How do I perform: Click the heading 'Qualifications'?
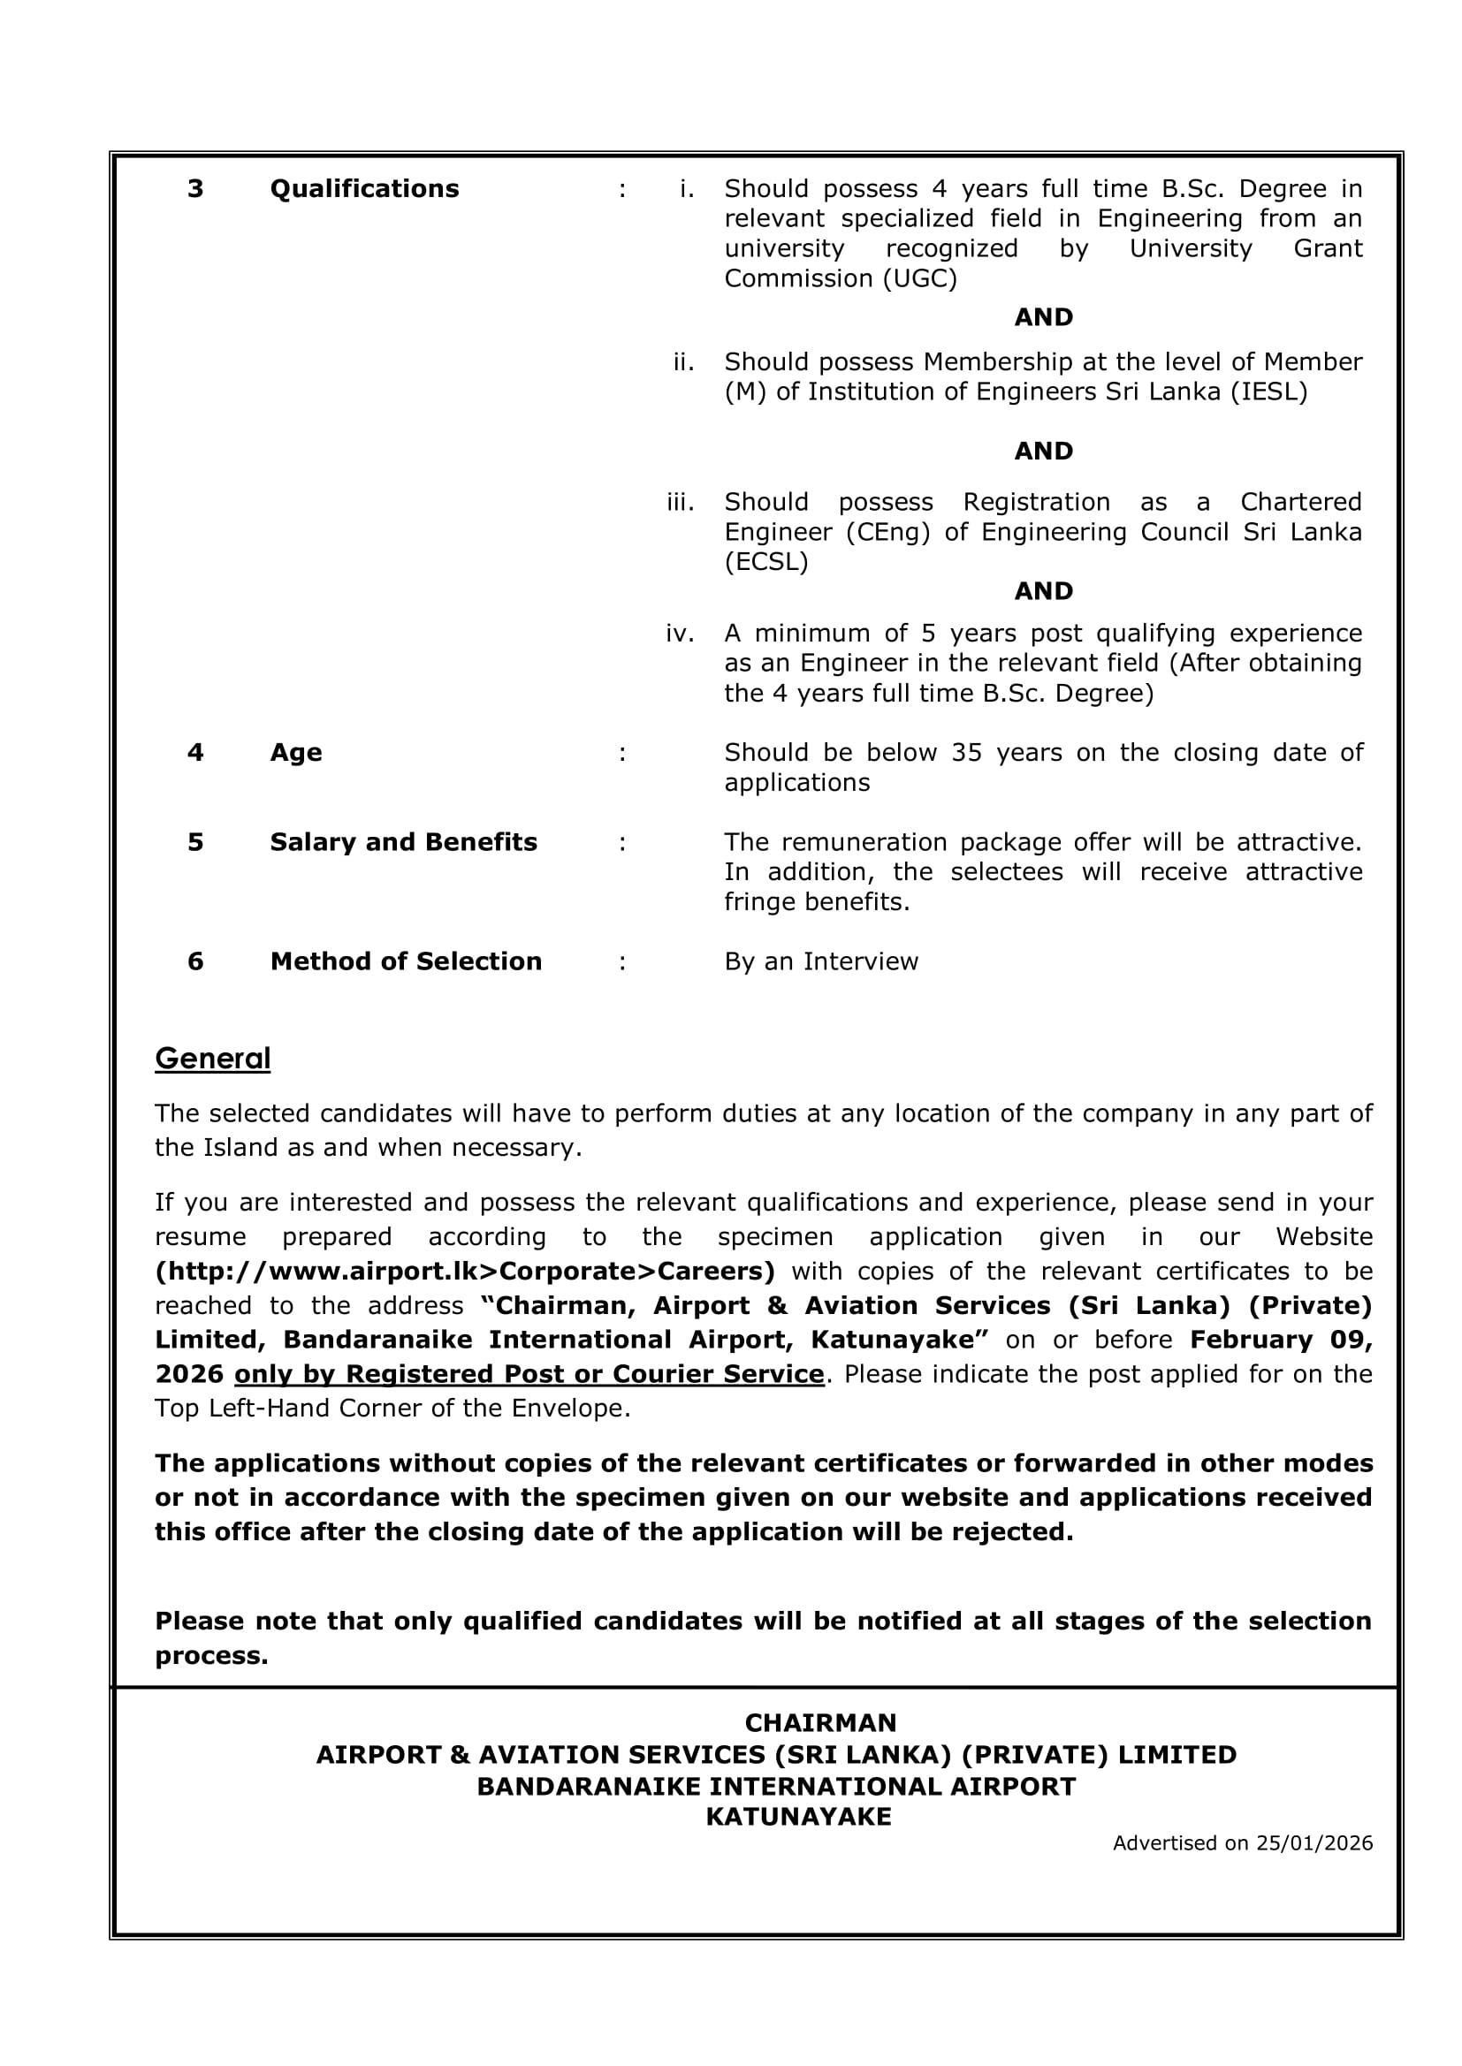(x=363, y=189)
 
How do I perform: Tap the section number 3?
(x=195, y=189)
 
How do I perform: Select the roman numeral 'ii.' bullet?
(x=683, y=361)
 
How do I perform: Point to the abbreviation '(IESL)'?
(x=1268, y=392)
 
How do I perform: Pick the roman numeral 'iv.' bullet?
(x=680, y=634)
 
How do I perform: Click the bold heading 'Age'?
(x=295, y=752)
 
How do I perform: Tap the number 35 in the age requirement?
(x=966, y=752)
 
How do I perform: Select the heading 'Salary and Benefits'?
(x=403, y=842)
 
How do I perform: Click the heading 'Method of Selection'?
(x=406, y=961)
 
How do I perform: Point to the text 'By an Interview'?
(x=821, y=961)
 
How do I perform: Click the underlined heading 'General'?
(x=212, y=1059)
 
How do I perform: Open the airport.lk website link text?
(x=465, y=1272)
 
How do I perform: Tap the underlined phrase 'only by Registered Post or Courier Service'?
(x=529, y=1374)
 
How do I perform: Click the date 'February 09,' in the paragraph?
(x=1280, y=1340)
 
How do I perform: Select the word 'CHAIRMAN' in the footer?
(x=820, y=1722)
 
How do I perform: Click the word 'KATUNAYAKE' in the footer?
(x=798, y=1817)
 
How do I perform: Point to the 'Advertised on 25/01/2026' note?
(x=1242, y=1842)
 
